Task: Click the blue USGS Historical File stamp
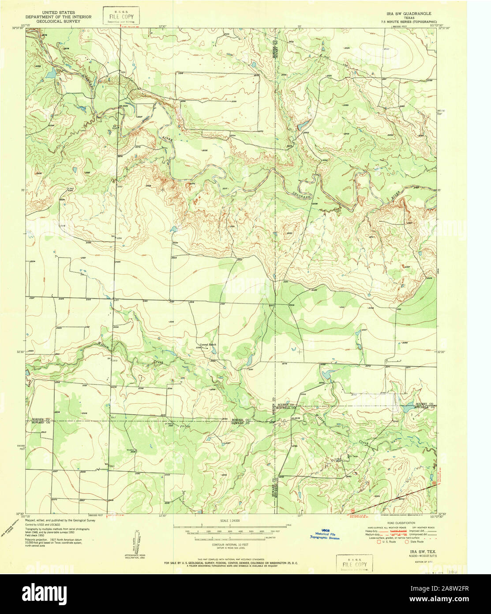325,536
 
